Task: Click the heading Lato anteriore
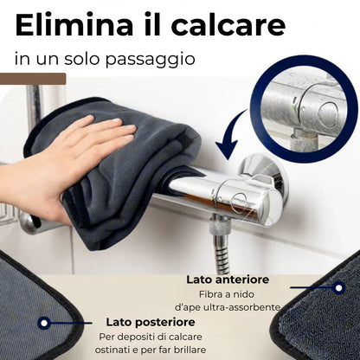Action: point(227,280)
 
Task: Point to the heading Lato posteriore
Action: point(146,320)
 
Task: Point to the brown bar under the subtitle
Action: point(33,80)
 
